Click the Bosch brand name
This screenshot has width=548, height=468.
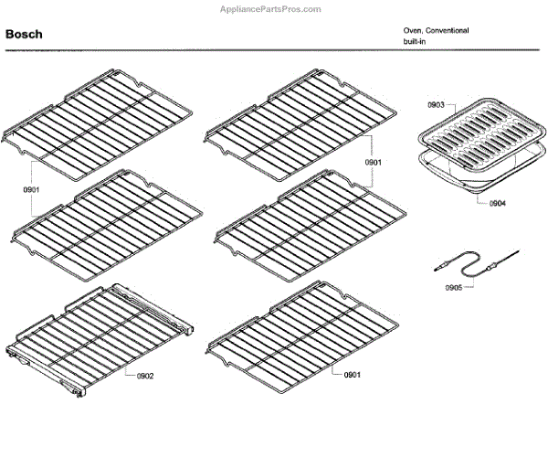[x=24, y=35]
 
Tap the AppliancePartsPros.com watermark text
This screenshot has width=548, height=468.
[x=273, y=8]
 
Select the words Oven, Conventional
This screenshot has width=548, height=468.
[x=437, y=30]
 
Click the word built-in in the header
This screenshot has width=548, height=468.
[x=416, y=42]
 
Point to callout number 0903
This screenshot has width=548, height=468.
[x=436, y=107]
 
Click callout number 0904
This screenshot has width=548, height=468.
[x=498, y=202]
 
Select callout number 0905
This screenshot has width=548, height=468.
[x=454, y=287]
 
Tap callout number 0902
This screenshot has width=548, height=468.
[x=145, y=376]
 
